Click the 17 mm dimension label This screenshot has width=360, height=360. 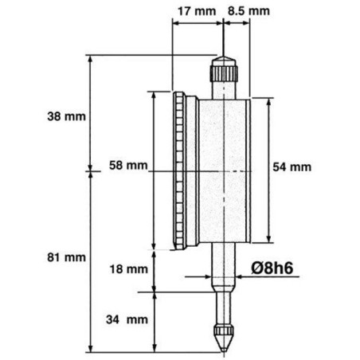(x=197, y=12)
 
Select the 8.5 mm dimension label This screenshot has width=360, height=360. (x=248, y=11)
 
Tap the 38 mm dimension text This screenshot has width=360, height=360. (x=66, y=116)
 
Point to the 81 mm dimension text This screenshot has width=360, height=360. (x=66, y=257)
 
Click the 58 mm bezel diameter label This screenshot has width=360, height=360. (x=128, y=166)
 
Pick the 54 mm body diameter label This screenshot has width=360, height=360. (x=292, y=167)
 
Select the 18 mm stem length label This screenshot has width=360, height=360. (x=129, y=269)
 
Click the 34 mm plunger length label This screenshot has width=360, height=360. (x=127, y=319)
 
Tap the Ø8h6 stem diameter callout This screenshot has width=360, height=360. (x=272, y=268)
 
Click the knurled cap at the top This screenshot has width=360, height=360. (x=224, y=69)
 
